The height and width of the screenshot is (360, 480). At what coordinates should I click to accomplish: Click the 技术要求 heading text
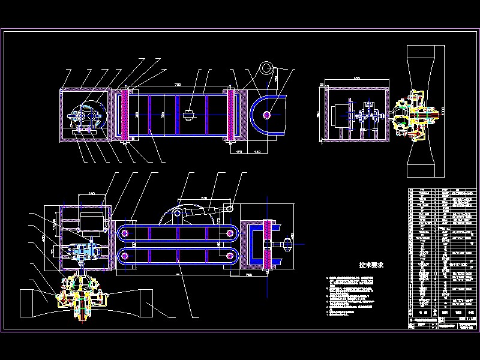pos(371,265)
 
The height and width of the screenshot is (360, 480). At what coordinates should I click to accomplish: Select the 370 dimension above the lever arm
pos(204,196)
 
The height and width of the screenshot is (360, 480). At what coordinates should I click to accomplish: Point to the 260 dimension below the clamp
pos(247,274)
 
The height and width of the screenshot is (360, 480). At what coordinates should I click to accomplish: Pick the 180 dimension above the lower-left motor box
pos(92,194)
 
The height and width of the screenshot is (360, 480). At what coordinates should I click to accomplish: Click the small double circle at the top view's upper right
pos(265,67)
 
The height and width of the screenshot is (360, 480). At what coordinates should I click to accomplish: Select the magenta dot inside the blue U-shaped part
pos(266,114)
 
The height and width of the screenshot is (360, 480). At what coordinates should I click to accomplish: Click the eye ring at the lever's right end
pos(230,208)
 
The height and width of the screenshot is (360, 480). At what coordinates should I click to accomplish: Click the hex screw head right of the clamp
pos(286,244)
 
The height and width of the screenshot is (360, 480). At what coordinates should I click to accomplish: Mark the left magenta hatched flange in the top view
pos(125,114)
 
